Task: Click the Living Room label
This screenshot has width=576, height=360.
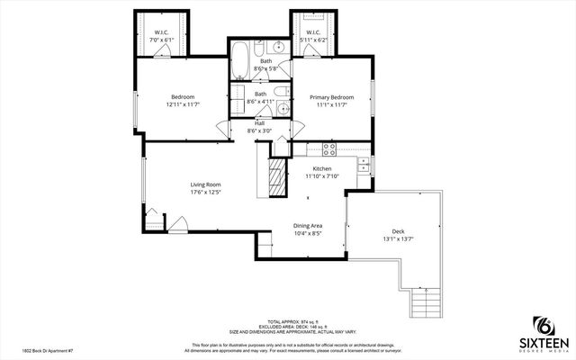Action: pos(205,184)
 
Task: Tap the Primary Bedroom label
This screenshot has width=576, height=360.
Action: pos(331,97)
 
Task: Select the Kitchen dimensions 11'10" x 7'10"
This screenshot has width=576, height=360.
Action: pos(321,176)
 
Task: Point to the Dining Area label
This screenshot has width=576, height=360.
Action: pos(309,225)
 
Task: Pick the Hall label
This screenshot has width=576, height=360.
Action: pos(259,123)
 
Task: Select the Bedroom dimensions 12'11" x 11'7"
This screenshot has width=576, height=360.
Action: pos(183,104)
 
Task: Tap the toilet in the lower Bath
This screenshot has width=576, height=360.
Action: pos(280,90)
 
